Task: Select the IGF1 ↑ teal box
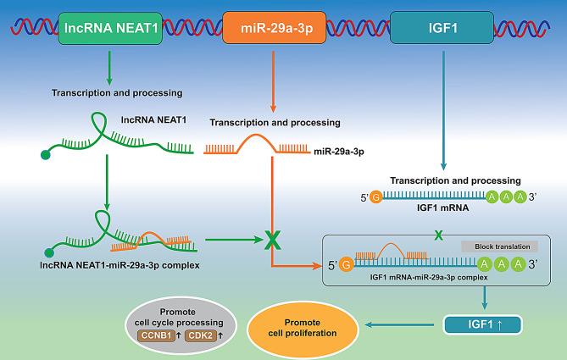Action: pos(481,323)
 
